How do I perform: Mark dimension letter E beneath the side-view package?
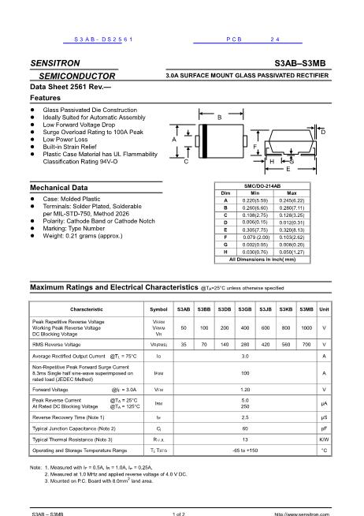pyautogui.click(x=288, y=169)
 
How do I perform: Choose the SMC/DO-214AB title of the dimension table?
pyautogui.click(x=269, y=185)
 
